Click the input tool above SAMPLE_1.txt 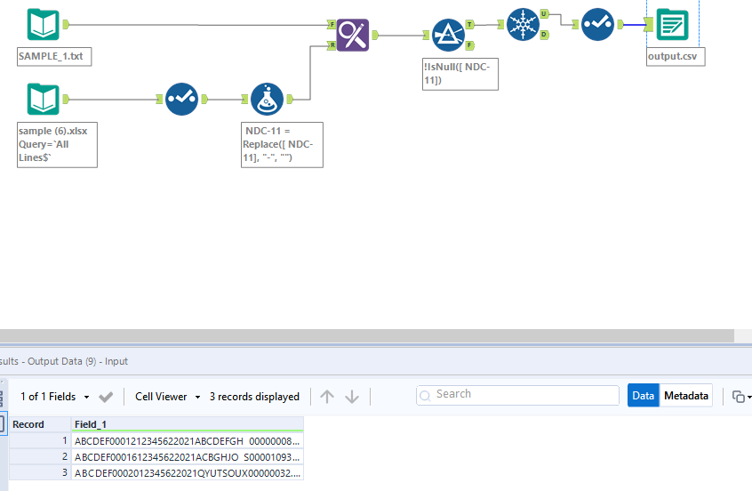tap(43, 25)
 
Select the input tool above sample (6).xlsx tap(43, 100)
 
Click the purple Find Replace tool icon tap(353, 36)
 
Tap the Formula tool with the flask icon tap(267, 100)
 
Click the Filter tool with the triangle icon tap(448, 35)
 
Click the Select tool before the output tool tap(597, 25)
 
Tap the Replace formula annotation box tap(282, 144)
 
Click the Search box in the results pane tap(517, 395)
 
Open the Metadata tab tap(686, 396)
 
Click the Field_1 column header tap(187, 425)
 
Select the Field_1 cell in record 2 tap(187, 456)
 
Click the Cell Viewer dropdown tap(167, 397)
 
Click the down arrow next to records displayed tap(352, 397)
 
